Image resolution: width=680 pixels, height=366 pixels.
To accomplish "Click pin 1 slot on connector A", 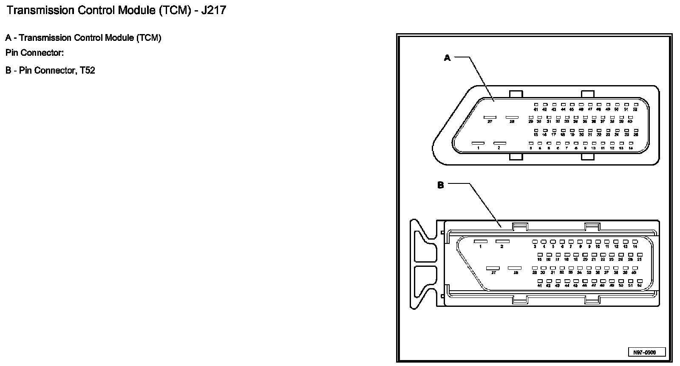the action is pos(478,143).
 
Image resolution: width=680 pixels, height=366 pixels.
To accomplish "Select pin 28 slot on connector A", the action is pos(512,117).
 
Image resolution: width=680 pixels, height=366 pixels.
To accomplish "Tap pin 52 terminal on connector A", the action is pos(635,104).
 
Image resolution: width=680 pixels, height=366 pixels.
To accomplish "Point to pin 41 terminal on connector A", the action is pos(536,104).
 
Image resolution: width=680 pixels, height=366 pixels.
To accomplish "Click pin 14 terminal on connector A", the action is pos(631,143).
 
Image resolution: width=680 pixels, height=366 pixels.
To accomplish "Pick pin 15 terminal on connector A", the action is pos(536,130).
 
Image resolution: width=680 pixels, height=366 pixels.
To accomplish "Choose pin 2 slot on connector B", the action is pos(502,241).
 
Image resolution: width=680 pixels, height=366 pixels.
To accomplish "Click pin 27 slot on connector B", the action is pos(493,269).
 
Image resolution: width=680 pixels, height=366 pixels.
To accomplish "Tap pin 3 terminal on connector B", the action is pos(535,242).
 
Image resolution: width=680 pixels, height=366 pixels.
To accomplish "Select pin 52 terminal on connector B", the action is pos(639,281).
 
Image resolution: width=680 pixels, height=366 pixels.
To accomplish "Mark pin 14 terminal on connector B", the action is pos(635,242).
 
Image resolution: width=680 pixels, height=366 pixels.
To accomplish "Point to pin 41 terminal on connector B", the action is pos(540,281).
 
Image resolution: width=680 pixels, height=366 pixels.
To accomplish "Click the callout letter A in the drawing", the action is pos(447,58).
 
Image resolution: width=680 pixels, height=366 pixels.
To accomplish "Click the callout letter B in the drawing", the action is pos(441,185).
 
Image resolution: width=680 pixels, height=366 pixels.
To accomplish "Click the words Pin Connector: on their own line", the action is pos(34,53).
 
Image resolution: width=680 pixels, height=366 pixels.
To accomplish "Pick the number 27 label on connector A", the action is pos(490,122).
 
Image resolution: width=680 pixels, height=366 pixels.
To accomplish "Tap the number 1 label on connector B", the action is pos(481,247).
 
